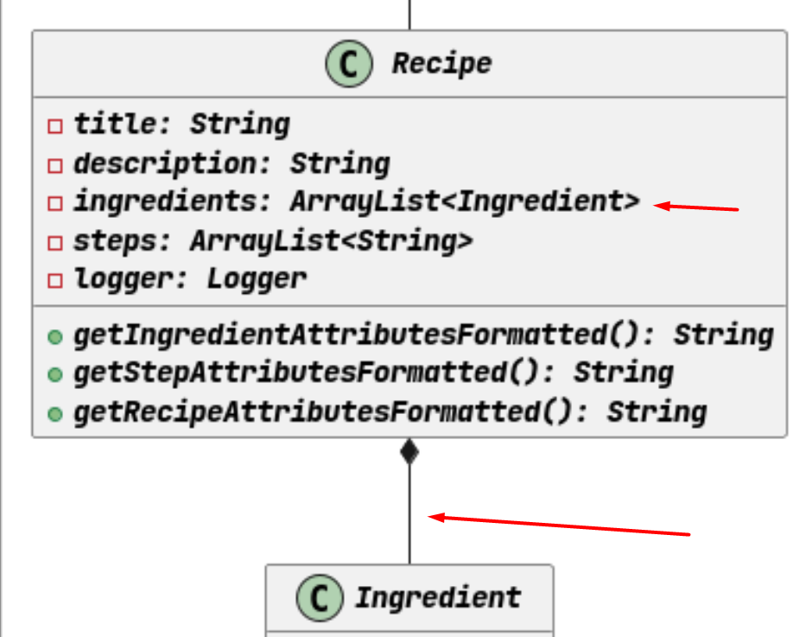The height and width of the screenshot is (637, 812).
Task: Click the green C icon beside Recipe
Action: click(x=348, y=64)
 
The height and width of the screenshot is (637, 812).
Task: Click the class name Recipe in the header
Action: click(x=441, y=64)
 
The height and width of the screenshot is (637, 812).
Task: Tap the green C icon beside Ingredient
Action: click(x=320, y=597)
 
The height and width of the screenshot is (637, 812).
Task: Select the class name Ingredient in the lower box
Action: click(x=438, y=597)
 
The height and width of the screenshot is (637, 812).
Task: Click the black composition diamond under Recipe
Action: click(x=409, y=451)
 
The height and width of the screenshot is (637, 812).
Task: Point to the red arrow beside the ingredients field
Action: click(x=696, y=207)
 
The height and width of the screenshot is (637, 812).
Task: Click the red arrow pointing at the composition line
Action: click(x=559, y=525)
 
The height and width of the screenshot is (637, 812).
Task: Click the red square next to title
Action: click(x=55, y=126)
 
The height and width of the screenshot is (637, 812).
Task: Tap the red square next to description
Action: click(x=55, y=165)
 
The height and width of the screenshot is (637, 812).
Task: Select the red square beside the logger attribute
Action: click(x=55, y=280)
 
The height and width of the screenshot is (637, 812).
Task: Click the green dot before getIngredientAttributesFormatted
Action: click(x=55, y=337)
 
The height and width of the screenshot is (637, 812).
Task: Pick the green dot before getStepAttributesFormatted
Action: click(x=55, y=374)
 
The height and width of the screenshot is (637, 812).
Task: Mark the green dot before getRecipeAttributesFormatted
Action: click(x=55, y=414)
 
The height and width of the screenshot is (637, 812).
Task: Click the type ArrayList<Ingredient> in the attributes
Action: click(x=465, y=201)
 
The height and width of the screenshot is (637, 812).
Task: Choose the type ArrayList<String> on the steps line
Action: click(x=332, y=241)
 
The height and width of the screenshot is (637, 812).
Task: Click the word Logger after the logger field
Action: click(x=257, y=279)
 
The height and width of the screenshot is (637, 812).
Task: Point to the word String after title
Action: click(x=240, y=125)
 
